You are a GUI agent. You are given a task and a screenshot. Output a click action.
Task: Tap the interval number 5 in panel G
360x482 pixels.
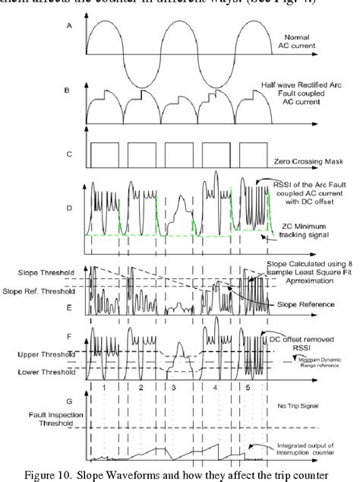click(x=245, y=387)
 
